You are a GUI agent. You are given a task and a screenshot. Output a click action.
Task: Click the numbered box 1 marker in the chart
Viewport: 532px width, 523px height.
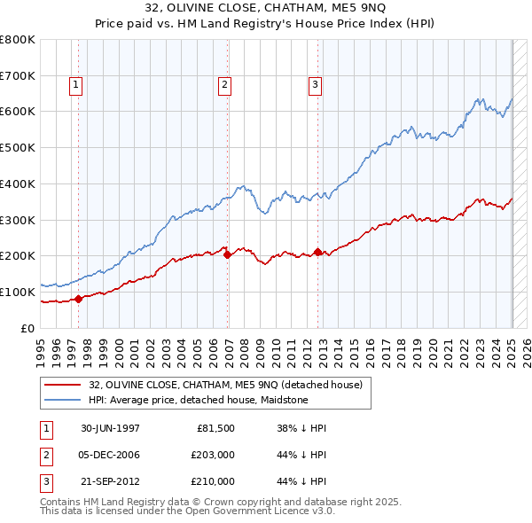pyautogui.click(x=75, y=85)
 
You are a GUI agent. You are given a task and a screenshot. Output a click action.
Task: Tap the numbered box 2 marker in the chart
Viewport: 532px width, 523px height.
pyautogui.click(x=225, y=85)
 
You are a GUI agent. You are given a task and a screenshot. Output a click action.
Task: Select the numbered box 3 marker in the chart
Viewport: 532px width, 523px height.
pyautogui.click(x=315, y=85)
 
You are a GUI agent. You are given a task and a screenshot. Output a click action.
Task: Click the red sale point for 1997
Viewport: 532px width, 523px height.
pyautogui.click(x=79, y=299)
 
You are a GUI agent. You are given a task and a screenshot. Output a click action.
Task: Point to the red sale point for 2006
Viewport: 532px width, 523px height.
pyautogui.click(x=227, y=254)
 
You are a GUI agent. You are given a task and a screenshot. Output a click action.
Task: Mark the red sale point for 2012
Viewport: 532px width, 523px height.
pyautogui.click(x=318, y=252)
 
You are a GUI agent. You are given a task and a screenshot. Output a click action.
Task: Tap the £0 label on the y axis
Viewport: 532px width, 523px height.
pyautogui.click(x=28, y=328)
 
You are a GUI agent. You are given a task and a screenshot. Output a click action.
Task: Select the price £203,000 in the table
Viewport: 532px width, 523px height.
pyautogui.click(x=214, y=455)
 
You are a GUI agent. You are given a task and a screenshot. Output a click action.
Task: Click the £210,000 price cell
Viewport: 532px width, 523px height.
pyautogui.click(x=214, y=481)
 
